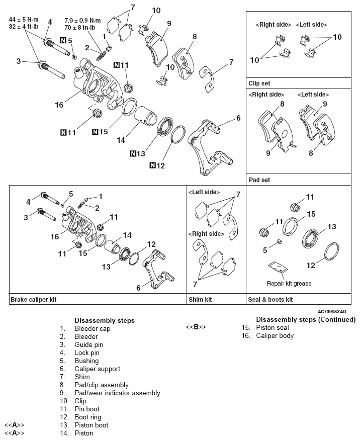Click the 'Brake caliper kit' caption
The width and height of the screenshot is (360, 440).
click(x=33, y=299)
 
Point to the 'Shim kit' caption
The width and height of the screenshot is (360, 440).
click(x=200, y=299)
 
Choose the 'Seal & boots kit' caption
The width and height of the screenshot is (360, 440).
click(x=271, y=299)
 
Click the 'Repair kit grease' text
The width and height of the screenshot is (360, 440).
click(x=289, y=284)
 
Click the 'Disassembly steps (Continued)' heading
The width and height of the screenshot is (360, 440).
click(x=306, y=319)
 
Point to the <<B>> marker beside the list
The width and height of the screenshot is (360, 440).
click(x=196, y=327)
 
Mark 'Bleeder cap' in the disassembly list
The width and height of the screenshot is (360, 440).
click(x=92, y=328)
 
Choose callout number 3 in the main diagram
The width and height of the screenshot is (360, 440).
click(x=18, y=61)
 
